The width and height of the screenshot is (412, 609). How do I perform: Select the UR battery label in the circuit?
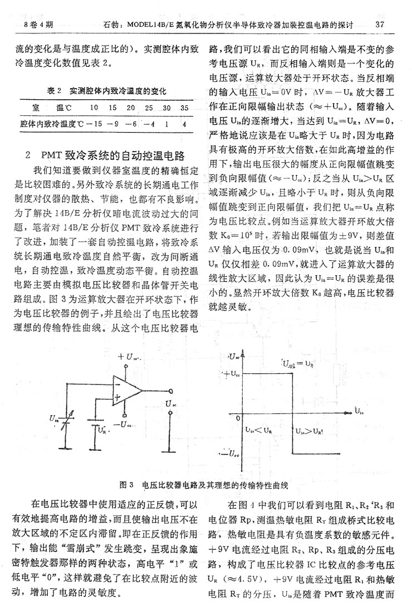pyautogui.click(x=101, y=429)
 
